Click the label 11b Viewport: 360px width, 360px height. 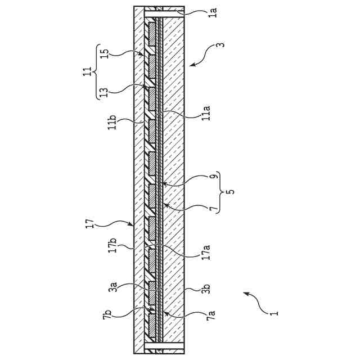(x=112, y=122)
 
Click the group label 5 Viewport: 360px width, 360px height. (x=229, y=192)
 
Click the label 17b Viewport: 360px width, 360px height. (x=112, y=246)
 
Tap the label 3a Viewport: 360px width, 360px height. (x=112, y=288)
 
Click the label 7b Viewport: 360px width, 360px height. (x=107, y=316)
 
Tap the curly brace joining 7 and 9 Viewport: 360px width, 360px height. (x=219, y=192)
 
